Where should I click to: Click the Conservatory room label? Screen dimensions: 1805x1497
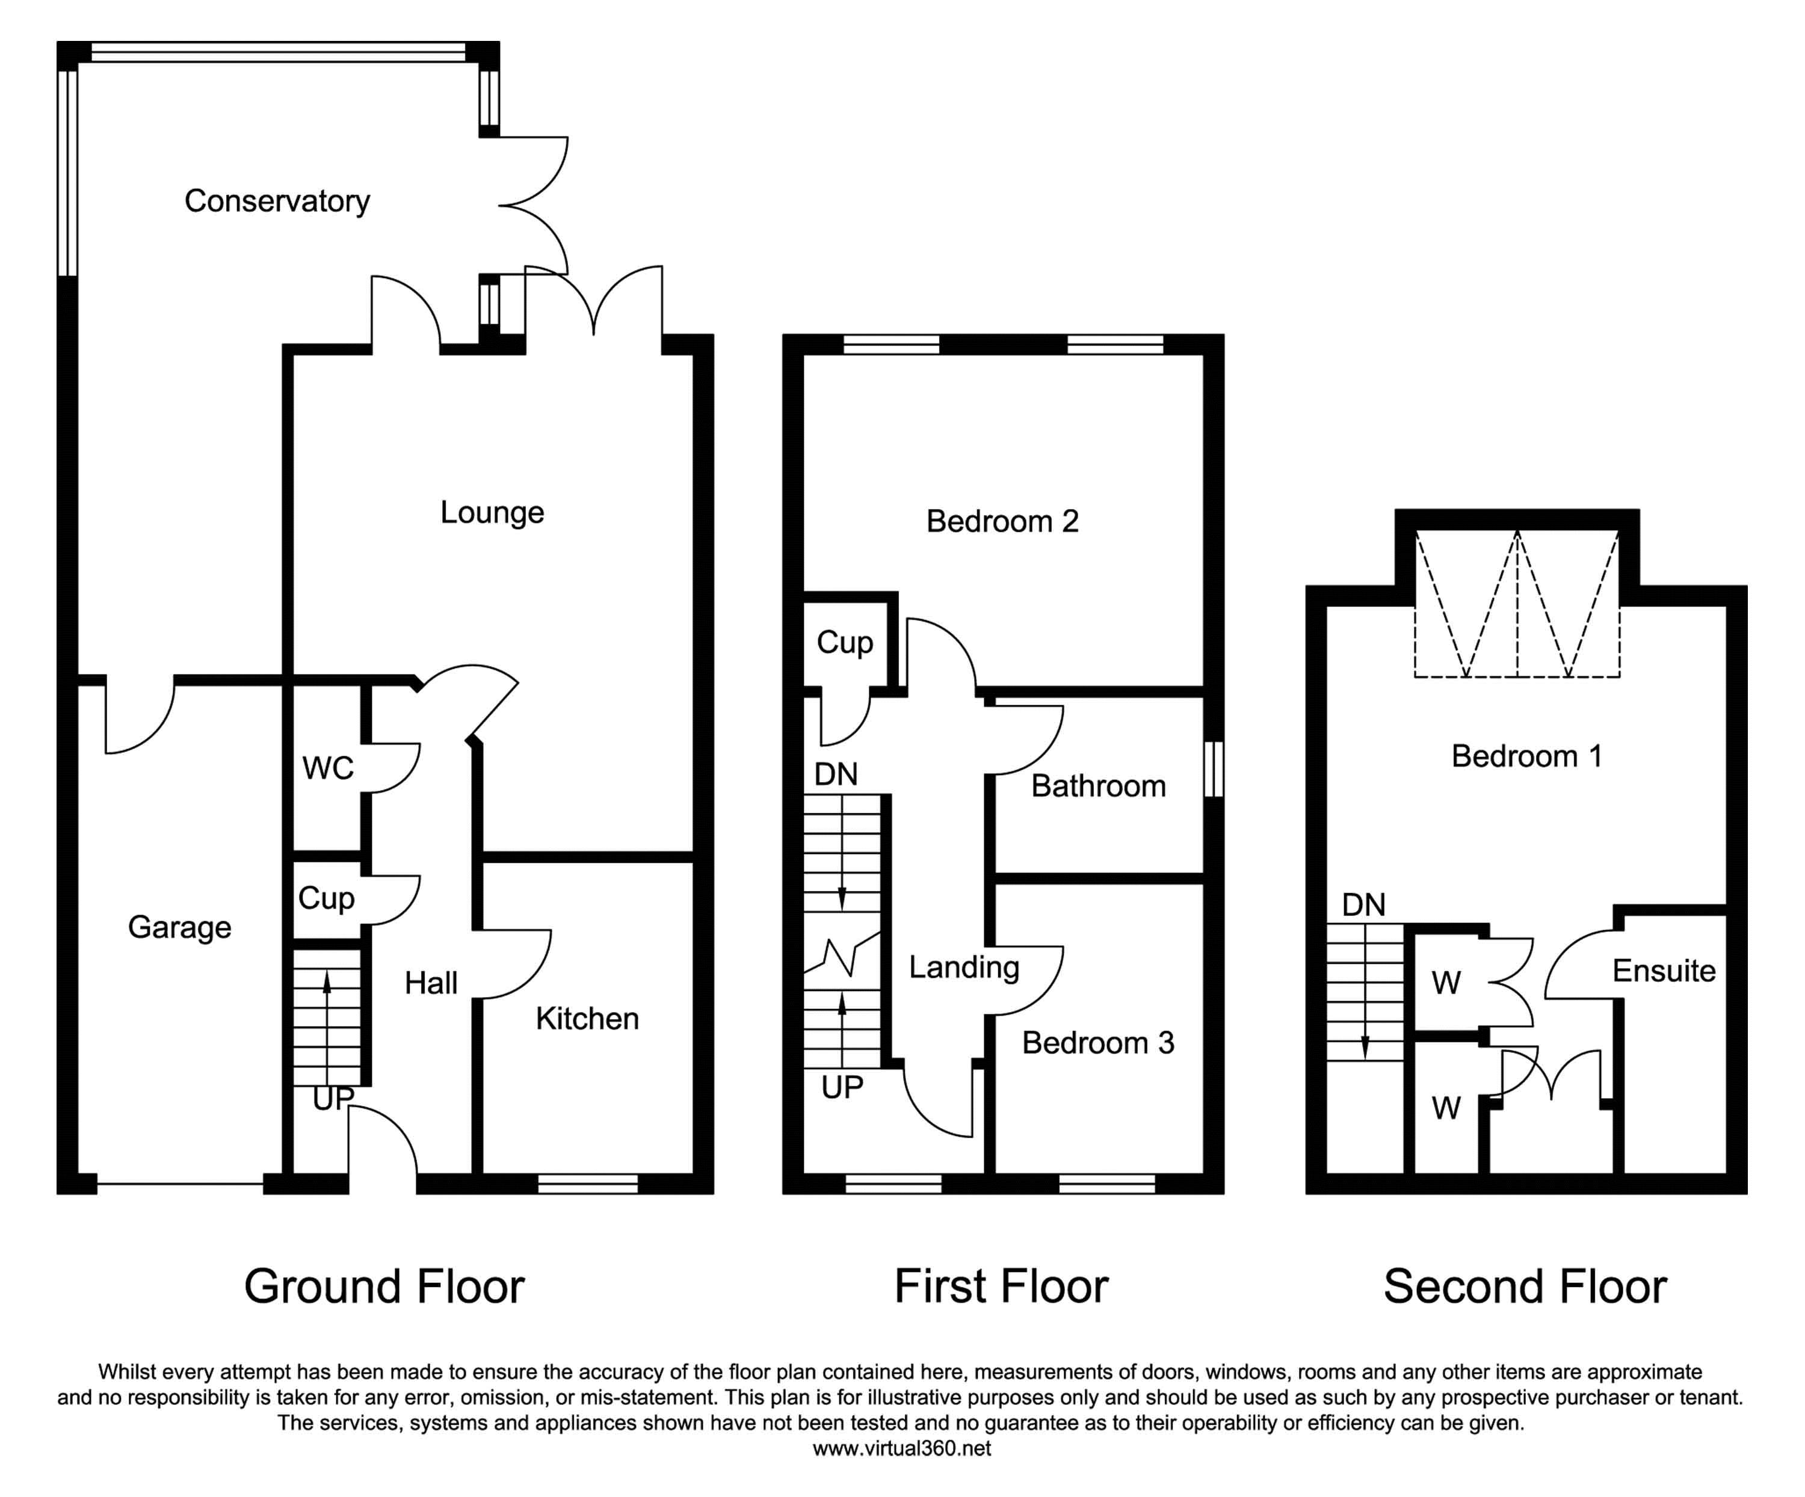click(277, 201)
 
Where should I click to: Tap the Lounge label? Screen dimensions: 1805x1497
click(492, 512)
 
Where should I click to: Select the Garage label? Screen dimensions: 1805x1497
click(180, 927)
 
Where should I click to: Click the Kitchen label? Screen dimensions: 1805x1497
click(587, 1018)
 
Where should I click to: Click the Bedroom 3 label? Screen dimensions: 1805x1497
click(1097, 1042)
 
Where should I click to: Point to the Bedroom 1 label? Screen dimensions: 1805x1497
click(1526, 756)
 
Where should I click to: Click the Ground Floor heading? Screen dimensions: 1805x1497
click(384, 1286)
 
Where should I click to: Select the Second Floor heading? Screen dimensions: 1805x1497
click(1525, 1286)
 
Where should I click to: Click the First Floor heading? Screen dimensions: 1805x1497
click(1001, 1286)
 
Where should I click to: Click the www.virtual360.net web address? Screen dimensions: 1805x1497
click(902, 1448)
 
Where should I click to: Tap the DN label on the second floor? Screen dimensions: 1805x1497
click(1364, 904)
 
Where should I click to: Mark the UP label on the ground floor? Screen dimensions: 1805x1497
click(333, 1098)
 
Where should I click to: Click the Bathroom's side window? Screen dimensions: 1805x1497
click(1213, 769)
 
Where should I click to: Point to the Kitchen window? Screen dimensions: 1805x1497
click(588, 1184)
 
